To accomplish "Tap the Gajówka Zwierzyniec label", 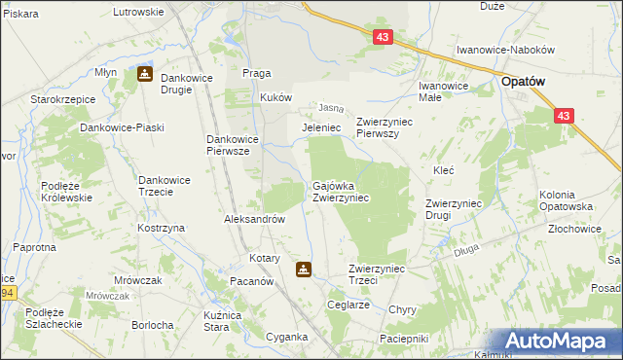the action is coord(340,191).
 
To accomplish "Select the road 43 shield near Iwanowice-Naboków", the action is coord(383,37).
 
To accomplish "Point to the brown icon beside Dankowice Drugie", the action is coord(144,73).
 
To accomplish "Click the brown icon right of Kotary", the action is coord(304,270).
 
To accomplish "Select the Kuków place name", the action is coord(275,98).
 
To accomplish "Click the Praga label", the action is coord(256,73).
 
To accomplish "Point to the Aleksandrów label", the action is coord(255,220).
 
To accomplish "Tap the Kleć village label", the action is coord(444,169).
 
